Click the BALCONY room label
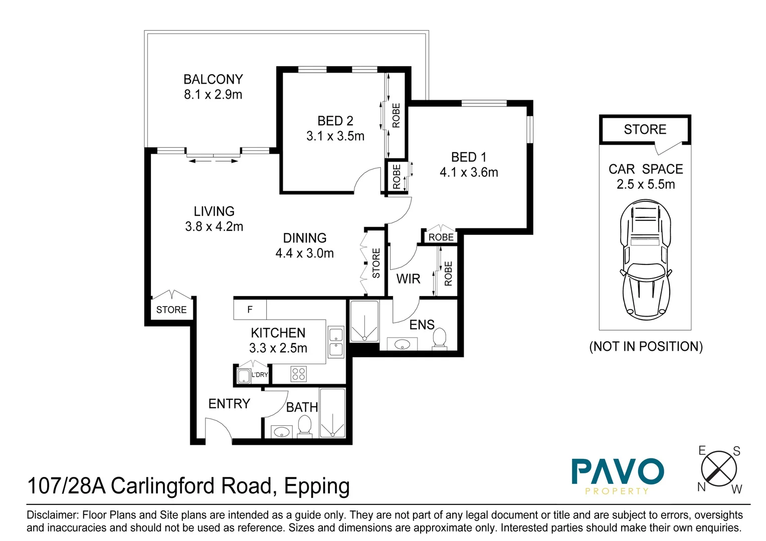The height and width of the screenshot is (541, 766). pyautogui.click(x=213, y=79)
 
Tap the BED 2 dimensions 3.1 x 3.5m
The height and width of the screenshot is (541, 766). pyautogui.click(x=335, y=136)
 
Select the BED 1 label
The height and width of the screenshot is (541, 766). pyautogui.click(x=469, y=157)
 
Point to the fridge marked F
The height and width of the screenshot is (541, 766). pyautogui.click(x=250, y=310)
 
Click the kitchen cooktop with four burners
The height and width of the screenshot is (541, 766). pyautogui.click(x=299, y=374)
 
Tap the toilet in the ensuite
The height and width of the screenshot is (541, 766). pyautogui.click(x=440, y=338)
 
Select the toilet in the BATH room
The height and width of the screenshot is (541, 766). pyautogui.click(x=305, y=426)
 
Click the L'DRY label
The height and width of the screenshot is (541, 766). pyautogui.click(x=260, y=375)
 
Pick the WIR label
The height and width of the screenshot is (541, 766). pyautogui.click(x=408, y=279)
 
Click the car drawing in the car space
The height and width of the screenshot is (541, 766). pyautogui.click(x=645, y=259)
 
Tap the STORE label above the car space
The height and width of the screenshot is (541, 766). pyautogui.click(x=645, y=130)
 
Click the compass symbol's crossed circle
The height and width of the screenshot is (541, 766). pyautogui.click(x=719, y=469)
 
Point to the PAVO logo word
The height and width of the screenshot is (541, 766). pyautogui.click(x=618, y=471)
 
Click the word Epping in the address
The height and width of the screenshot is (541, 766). pyautogui.click(x=317, y=486)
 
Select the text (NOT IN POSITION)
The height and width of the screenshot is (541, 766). pyautogui.click(x=646, y=347)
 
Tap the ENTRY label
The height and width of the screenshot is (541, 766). pyautogui.click(x=229, y=404)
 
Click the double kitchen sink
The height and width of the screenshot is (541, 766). pyautogui.click(x=336, y=342)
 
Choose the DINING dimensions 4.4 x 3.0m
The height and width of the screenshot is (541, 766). pyautogui.click(x=304, y=253)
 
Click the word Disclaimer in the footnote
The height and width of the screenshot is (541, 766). pyautogui.click(x=52, y=515)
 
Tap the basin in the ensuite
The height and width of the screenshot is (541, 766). pyautogui.click(x=402, y=345)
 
